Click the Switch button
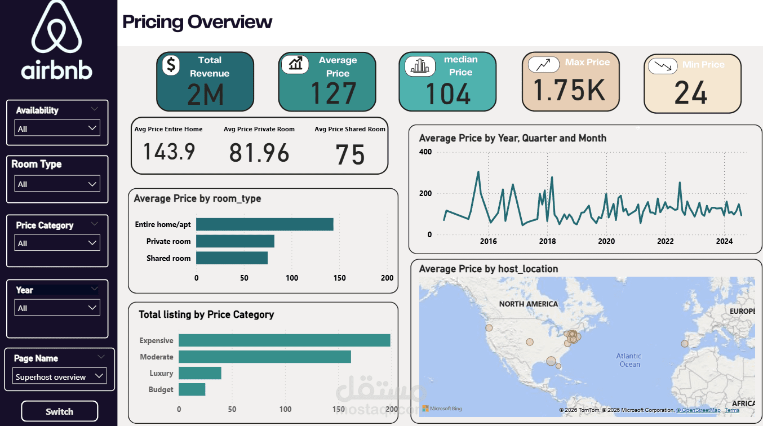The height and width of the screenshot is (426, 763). pyautogui.click(x=59, y=411)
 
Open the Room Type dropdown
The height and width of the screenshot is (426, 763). pyautogui.click(x=57, y=184)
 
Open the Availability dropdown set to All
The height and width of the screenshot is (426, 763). pyautogui.click(x=57, y=128)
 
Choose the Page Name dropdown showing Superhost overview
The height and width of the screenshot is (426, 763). pyautogui.click(x=59, y=376)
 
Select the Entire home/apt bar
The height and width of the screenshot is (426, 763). pyautogui.click(x=264, y=224)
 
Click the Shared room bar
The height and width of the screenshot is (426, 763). pyautogui.click(x=232, y=258)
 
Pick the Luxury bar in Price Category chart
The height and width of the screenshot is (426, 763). pyautogui.click(x=200, y=373)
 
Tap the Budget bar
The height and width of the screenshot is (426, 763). pyautogui.click(x=192, y=389)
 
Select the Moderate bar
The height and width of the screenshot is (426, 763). pyautogui.click(x=265, y=357)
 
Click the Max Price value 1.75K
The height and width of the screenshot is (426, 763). pyautogui.click(x=570, y=90)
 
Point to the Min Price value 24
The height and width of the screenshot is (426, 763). pyautogui.click(x=691, y=93)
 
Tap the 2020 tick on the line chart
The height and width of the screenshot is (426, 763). pyautogui.click(x=606, y=242)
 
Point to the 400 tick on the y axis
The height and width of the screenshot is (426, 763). pyautogui.click(x=425, y=152)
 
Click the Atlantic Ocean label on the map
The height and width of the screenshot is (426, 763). pyautogui.click(x=629, y=360)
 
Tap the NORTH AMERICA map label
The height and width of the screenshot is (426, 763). pyautogui.click(x=529, y=304)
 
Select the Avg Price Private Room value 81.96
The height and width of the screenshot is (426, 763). pyautogui.click(x=259, y=153)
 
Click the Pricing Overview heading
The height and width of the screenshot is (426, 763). pyautogui.click(x=197, y=22)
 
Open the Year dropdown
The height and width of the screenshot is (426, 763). pyautogui.click(x=57, y=308)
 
